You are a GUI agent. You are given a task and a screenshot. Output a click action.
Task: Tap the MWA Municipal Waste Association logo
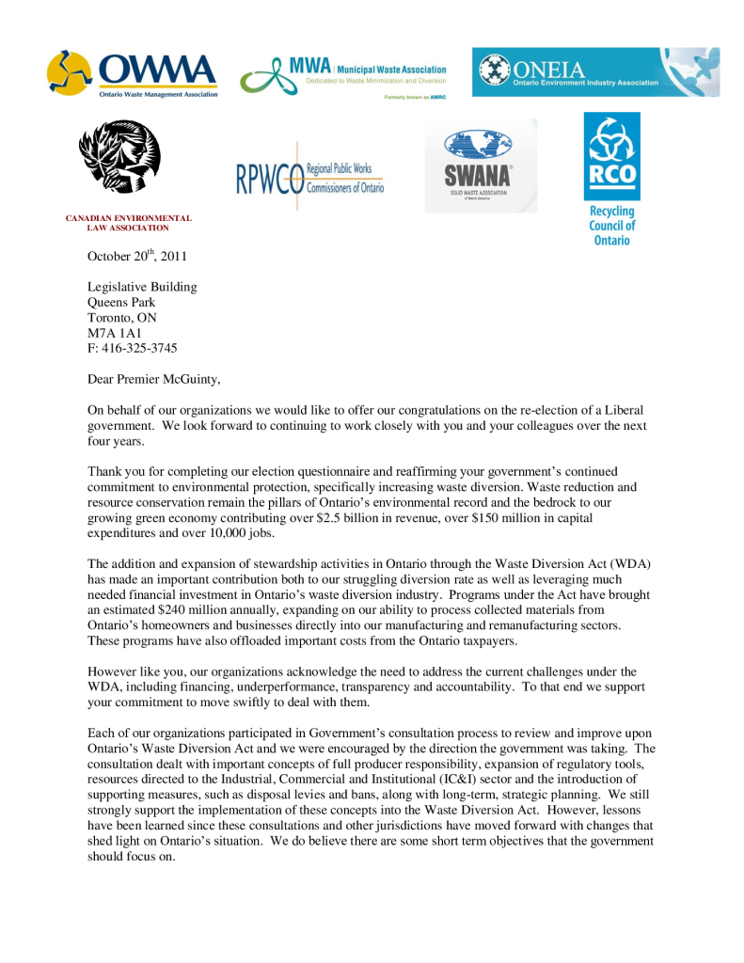[x=343, y=74]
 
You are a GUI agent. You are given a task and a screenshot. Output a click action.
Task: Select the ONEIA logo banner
[x=595, y=71]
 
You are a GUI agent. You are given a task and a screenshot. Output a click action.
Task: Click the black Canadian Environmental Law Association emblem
[x=119, y=158]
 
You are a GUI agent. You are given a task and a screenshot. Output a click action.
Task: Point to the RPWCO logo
[x=309, y=175]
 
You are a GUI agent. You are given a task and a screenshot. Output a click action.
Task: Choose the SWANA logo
[x=481, y=166]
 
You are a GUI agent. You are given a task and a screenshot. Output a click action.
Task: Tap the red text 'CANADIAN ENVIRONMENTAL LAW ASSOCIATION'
[x=129, y=223]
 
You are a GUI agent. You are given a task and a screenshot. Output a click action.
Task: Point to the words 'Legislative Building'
[x=142, y=287]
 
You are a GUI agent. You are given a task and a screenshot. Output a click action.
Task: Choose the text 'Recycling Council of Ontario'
[x=611, y=226]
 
